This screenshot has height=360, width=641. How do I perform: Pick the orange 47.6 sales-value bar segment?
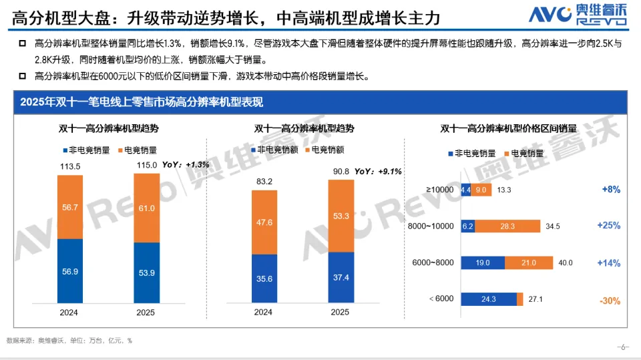[264, 222]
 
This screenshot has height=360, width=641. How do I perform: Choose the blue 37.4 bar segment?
[341, 279]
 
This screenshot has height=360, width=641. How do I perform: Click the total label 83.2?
[264, 182]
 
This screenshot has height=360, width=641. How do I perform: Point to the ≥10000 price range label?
[439, 190]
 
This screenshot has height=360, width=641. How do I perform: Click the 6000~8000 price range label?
[434, 263]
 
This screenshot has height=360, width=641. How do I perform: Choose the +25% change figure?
[608, 226]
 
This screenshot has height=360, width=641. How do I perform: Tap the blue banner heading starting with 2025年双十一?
[142, 102]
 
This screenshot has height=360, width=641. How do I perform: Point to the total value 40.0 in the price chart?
[566, 263]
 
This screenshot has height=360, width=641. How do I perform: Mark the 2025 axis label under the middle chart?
[341, 312]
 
